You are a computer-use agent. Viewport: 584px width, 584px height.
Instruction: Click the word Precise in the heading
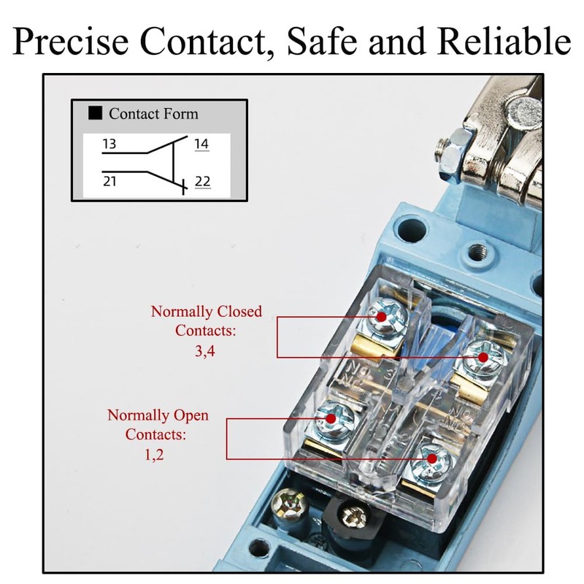(x=71, y=41)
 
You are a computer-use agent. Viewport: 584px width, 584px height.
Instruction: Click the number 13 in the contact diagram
(x=109, y=144)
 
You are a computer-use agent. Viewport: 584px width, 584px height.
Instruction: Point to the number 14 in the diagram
(x=201, y=144)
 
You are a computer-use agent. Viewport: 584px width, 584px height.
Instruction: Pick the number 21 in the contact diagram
(x=109, y=181)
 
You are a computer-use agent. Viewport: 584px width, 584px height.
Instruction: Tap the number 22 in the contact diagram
(x=203, y=181)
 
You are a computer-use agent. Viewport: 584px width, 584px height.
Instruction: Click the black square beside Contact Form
(x=95, y=113)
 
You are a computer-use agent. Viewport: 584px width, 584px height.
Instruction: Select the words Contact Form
(x=153, y=114)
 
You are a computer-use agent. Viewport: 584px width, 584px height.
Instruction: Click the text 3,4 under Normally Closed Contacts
(x=205, y=351)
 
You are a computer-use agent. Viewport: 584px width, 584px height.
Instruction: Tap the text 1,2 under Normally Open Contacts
(x=154, y=454)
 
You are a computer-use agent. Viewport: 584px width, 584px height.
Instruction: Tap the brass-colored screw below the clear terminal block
(x=289, y=506)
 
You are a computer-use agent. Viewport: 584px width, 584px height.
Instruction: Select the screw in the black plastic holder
(x=353, y=515)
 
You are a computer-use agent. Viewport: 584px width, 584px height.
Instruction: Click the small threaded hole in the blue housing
(x=477, y=253)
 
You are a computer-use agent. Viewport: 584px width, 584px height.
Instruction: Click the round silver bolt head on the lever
(x=524, y=112)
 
